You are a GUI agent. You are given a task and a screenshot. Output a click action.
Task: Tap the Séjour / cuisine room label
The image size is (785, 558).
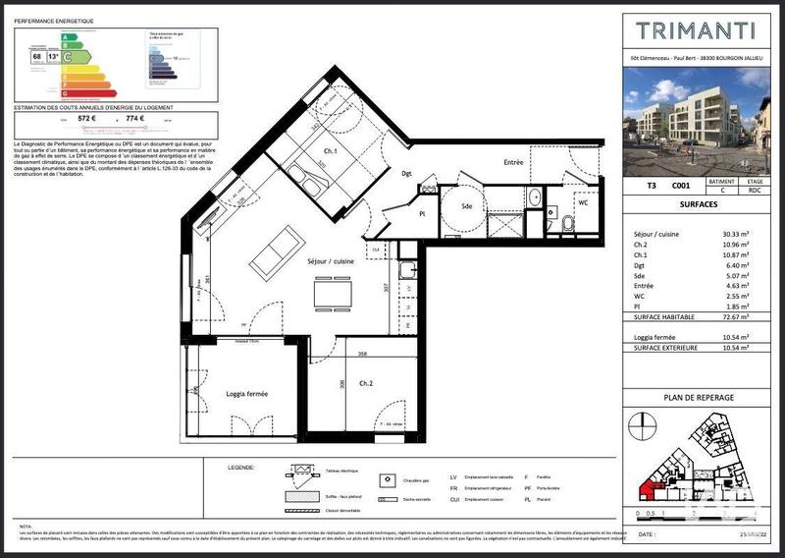[x=331, y=262]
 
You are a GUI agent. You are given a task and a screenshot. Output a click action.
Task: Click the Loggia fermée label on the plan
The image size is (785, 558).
[x=241, y=394]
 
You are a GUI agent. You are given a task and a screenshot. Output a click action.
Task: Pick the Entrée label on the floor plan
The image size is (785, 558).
[x=513, y=162]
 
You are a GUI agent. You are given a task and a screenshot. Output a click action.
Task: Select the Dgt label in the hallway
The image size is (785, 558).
[x=407, y=174]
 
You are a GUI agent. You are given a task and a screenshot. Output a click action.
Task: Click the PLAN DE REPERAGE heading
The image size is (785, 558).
[x=698, y=397]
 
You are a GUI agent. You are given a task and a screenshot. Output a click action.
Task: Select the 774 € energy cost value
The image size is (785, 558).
[x=134, y=119]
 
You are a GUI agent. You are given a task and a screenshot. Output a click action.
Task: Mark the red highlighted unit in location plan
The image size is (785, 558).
[x=650, y=487]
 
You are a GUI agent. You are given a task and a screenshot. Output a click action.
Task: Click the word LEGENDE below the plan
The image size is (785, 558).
[x=240, y=468]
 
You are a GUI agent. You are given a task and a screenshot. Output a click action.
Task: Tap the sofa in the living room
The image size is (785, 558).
[x=275, y=251]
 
